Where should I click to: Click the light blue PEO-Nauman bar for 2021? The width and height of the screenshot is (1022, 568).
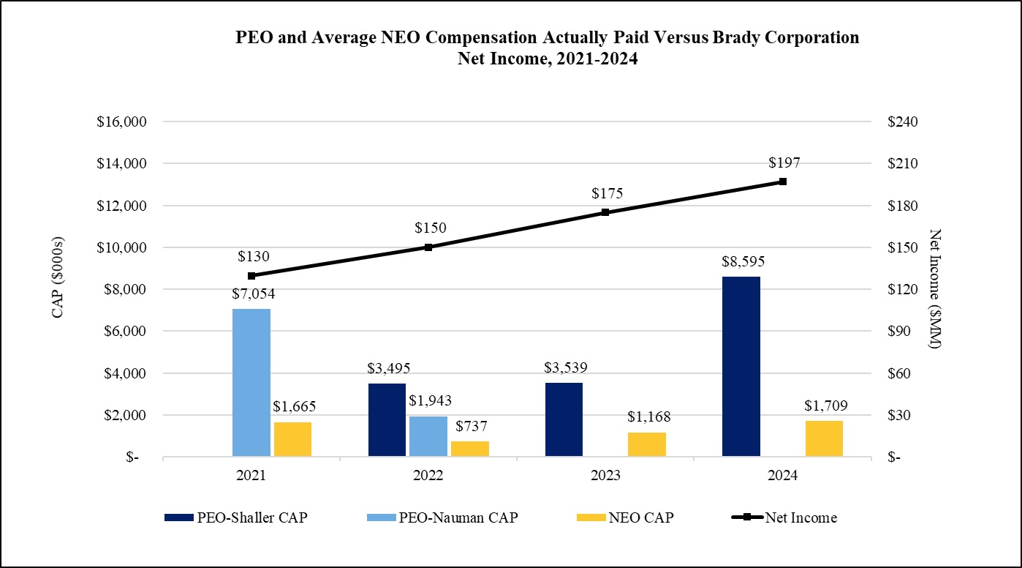(x=251, y=383)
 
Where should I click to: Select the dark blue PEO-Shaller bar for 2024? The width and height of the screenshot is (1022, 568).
(x=741, y=367)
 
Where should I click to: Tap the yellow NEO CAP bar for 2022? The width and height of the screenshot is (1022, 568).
(x=470, y=449)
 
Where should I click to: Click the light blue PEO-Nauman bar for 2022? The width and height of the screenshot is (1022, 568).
(x=428, y=436)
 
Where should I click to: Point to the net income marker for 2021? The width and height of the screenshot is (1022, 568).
(x=251, y=276)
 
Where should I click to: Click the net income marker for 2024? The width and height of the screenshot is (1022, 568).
(x=782, y=182)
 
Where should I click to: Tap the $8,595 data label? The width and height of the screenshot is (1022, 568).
(x=741, y=261)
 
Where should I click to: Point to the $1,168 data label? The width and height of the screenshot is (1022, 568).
(x=648, y=417)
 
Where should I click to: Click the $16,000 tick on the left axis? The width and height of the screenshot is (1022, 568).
(x=122, y=122)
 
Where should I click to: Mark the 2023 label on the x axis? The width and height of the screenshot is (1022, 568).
(x=605, y=475)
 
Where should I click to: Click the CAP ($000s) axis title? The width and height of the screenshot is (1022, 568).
(x=58, y=277)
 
